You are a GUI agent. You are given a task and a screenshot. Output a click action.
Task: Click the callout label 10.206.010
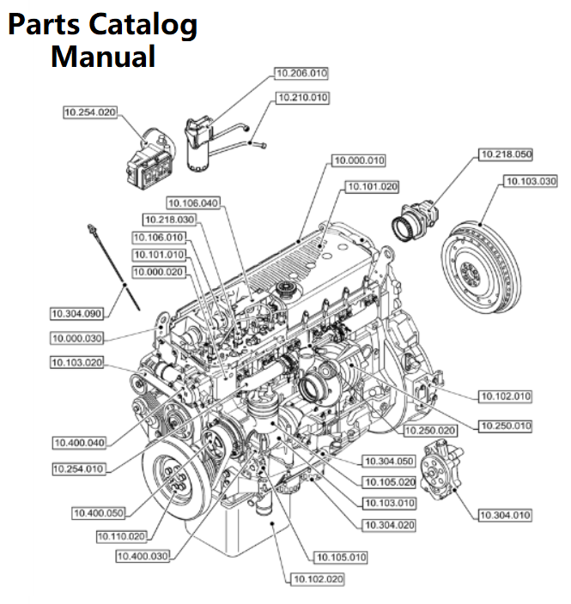click(301, 74)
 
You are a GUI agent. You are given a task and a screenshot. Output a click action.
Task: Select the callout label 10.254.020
click(90, 112)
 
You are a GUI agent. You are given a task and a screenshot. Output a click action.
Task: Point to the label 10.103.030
click(529, 181)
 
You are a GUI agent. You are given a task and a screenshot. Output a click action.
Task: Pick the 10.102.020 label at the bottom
click(319, 579)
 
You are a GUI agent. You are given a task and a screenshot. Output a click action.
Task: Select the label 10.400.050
click(98, 513)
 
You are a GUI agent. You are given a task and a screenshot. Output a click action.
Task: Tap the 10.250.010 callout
click(505, 426)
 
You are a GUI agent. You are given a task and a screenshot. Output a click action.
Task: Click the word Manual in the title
click(103, 57)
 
